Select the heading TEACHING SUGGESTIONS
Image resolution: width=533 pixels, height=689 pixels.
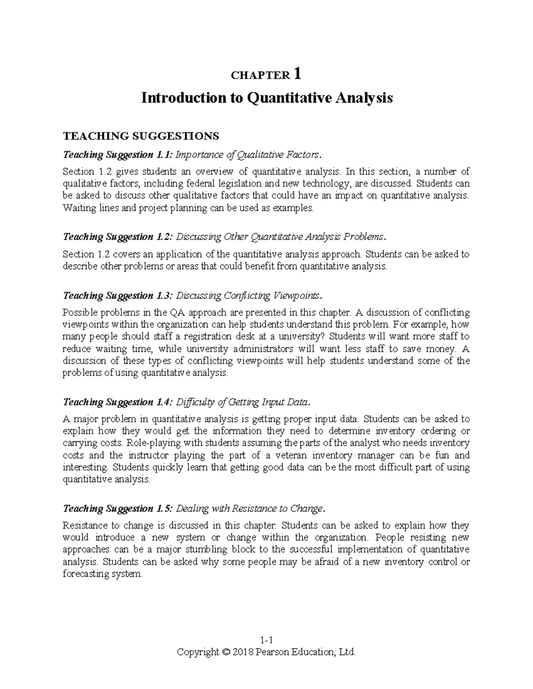click(x=141, y=135)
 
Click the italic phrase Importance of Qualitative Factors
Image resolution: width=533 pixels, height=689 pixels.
click(x=248, y=155)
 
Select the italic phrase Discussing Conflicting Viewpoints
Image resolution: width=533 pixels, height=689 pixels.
click(x=248, y=295)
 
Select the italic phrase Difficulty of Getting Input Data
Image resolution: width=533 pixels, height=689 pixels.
click(x=242, y=402)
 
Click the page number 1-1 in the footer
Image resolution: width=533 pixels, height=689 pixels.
click(x=266, y=640)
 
